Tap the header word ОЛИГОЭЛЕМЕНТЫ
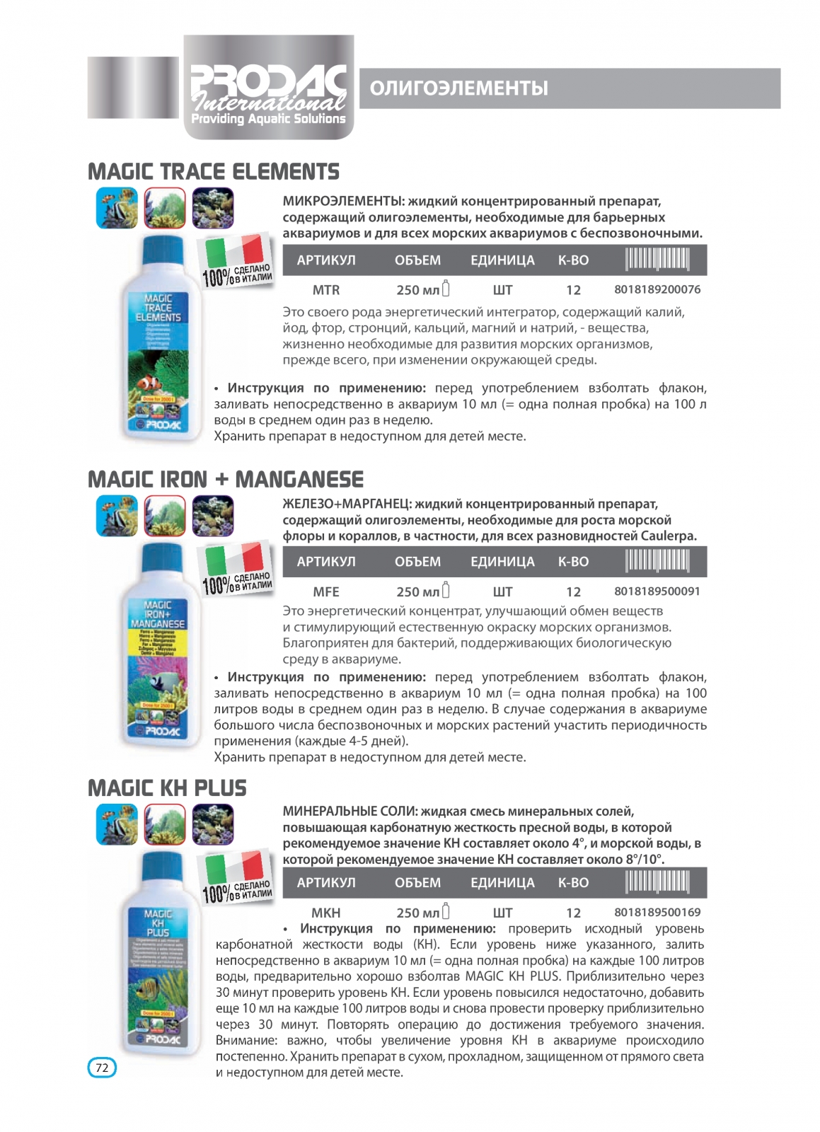coord(458,88)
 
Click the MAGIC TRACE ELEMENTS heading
coord(214,172)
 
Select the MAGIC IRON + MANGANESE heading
coord(226,480)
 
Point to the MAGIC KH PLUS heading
coord(167,788)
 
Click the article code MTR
coord(326,290)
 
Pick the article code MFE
coord(326,592)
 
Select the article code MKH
coord(326,913)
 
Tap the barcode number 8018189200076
coord(657,289)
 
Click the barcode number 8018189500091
coord(657,591)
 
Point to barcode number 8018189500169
coord(657,912)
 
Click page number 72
coord(102,1067)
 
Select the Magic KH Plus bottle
coord(158,955)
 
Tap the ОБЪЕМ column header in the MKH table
coord(417,883)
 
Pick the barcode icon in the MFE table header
coord(657,562)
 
